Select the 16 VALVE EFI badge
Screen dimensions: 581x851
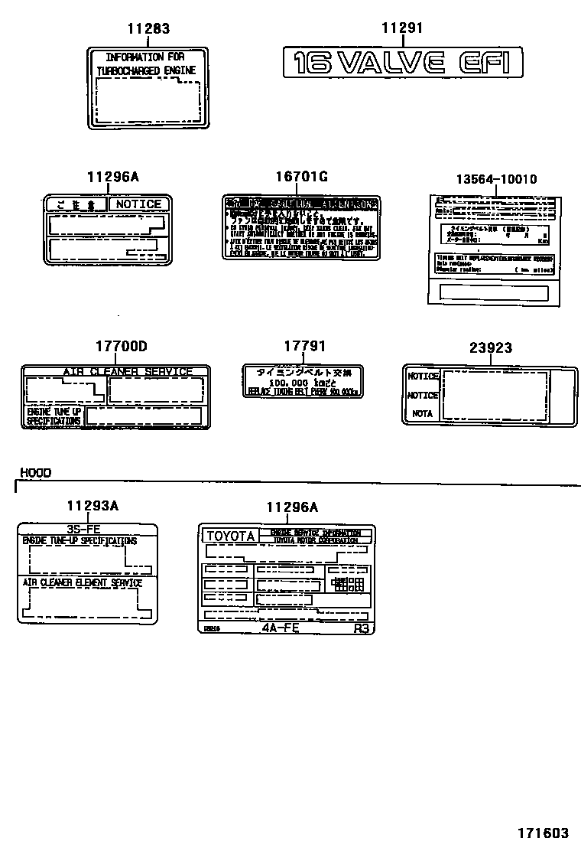pos(402,62)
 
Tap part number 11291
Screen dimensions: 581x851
pos(402,29)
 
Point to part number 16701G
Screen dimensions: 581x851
pos(301,177)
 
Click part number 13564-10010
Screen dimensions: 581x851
pos(496,179)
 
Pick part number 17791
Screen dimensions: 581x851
pos(303,347)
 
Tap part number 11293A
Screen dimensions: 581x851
pos(92,506)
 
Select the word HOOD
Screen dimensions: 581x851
pos(35,473)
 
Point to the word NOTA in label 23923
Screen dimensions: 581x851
pos(422,413)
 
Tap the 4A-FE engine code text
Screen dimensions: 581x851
pos(281,628)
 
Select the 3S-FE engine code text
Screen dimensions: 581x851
pos(84,529)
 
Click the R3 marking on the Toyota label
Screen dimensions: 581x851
pos(361,628)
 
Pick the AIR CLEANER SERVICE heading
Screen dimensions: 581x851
pos(127,372)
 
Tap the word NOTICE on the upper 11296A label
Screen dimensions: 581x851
pos(138,204)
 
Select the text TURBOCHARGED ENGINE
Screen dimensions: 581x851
pos(145,70)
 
